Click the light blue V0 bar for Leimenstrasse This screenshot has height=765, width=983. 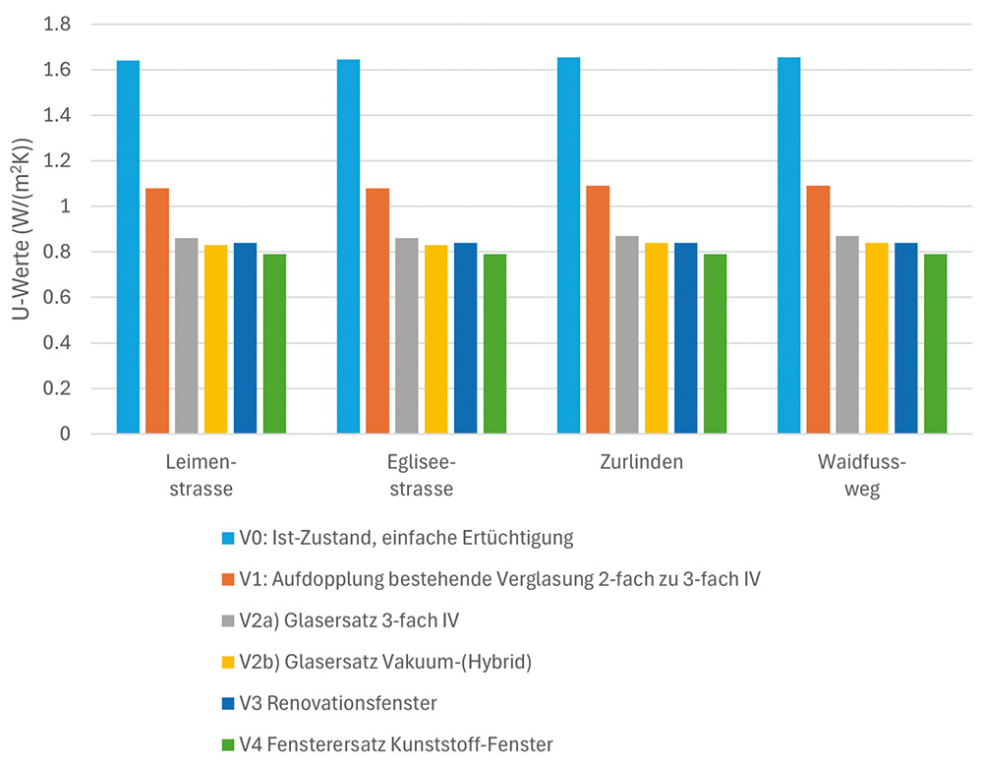tap(129, 247)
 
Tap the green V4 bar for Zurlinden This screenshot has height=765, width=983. tap(715, 344)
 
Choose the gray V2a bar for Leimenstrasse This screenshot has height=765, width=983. tap(187, 335)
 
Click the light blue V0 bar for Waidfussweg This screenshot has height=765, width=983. tap(789, 246)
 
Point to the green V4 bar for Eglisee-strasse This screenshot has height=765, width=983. tap(494, 344)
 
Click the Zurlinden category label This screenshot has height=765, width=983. tap(641, 463)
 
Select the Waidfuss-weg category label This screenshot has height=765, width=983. tap(861, 476)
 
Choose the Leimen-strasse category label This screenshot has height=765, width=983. tap(201, 476)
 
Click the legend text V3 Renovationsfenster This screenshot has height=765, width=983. tap(340, 703)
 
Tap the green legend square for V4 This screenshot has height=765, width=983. tap(228, 745)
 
